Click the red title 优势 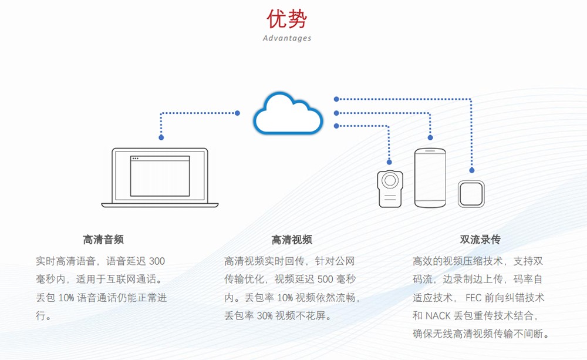(x=287, y=19)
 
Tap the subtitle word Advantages (x=287, y=38)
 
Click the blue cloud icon (x=288, y=113)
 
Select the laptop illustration (x=160, y=177)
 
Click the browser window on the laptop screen (x=160, y=176)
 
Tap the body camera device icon (x=390, y=189)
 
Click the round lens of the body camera (x=390, y=180)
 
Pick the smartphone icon (x=430, y=178)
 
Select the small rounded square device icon (x=471, y=194)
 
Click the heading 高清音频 (x=103, y=240)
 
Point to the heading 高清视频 (x=292, y=240)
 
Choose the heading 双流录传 (x=480, y=240)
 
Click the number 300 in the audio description (x=157, y=261)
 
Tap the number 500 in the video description (x=325, y=280)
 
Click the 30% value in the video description (x=265, y=316)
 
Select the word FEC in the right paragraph (x=474, y=298)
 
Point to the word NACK (x=438, y=316)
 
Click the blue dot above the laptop (x=161, y=137)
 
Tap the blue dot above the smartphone (x=430, y=137)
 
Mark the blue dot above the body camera (x=389, y=162)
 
